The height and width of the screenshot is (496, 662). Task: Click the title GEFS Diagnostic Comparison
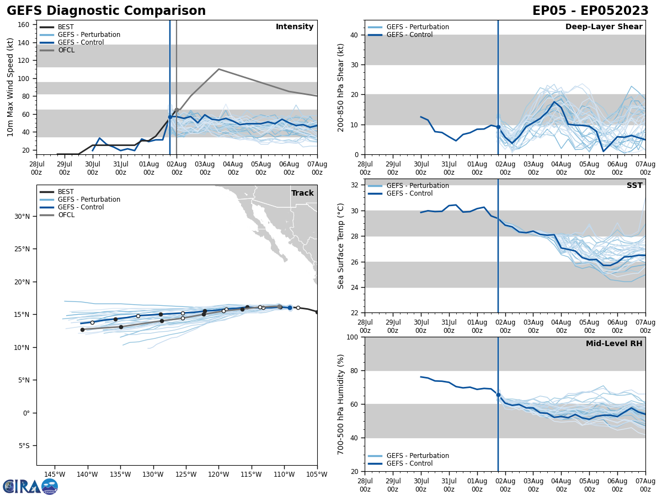pos(106,11)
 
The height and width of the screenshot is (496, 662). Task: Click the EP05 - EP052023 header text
pos(590,11)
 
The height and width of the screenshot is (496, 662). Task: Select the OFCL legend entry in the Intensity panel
pos(66,50)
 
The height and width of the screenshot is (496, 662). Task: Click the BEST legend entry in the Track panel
pos(66,192)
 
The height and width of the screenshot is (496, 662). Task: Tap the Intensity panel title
pos(295,27)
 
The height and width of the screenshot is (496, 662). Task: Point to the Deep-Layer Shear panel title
pos(604,27)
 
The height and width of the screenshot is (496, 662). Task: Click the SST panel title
pos(634,186)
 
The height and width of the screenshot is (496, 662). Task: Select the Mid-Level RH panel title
pos(614,344)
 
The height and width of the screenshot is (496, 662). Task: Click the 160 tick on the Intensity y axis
pos(24,25)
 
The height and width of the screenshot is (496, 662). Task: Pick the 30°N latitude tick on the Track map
pos(22,216)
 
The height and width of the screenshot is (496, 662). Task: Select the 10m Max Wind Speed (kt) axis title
pos(10,87)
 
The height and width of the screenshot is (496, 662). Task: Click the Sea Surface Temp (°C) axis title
pos(341,246)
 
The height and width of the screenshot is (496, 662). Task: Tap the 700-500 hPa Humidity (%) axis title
pos(341,404)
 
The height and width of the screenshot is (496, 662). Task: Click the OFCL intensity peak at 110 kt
pos(218,69)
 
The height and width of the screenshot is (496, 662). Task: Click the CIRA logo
pos(30,487)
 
